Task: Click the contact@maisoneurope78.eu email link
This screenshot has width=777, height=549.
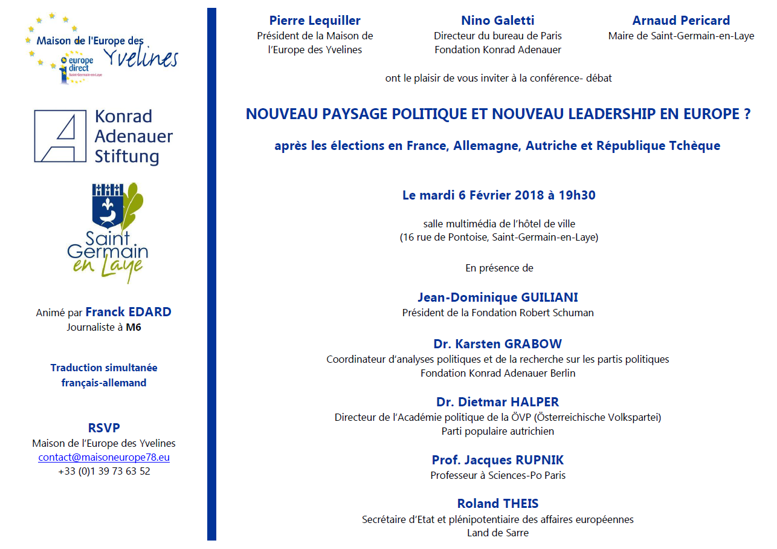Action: pyautogui.click(x=104, y=457)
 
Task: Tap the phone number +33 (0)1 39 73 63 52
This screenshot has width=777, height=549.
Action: pyautogui.click(x=104, y=471)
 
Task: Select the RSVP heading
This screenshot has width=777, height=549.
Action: pyautogui.click(x=104, y=428)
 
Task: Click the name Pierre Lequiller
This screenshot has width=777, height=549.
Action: pyautogui.click(x=315, y=21)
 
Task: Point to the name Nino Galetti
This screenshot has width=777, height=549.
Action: pyautogui.click(x=497, y=21)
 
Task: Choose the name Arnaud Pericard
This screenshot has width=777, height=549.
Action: pyautogui.click(x=681, y=21)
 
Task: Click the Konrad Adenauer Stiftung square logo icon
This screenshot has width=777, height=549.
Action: pyautogui.click(x=60, y=136)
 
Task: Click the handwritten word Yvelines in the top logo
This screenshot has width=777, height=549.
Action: pyautogui.click(x=141, y=58)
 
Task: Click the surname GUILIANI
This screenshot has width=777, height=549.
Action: pyautogui.click(x=550, y=297)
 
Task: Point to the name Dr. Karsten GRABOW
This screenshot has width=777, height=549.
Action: pyautogui.click(x=497, y=344)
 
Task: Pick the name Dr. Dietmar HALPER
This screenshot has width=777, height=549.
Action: pyautogui.click(x=497, y=402)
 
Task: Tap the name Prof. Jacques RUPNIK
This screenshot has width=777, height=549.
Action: pyautogui.click(x=497, y=460)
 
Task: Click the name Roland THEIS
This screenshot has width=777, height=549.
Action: pyautogui.click(x=497, y=504)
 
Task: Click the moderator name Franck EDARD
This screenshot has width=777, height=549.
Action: pyautogui.click(x=128, y=312)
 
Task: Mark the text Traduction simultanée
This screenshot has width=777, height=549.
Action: pyautogui.click(x=104, y=368)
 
